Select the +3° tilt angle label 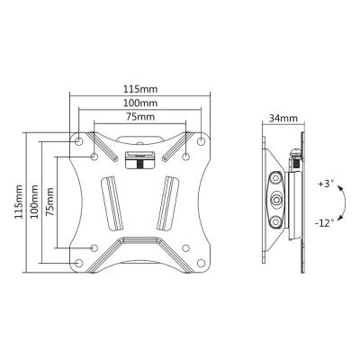(326, 184)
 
